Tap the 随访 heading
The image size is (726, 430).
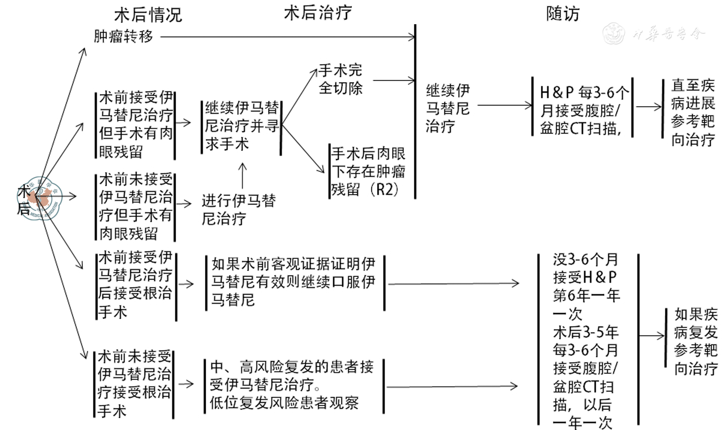[x=563, y=14]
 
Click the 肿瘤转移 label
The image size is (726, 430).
[x=123, y=36]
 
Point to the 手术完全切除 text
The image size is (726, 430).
[x=340, y=79]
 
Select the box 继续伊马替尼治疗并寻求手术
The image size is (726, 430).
[x=242, y=126]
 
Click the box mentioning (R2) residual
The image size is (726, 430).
[x=368, y=171]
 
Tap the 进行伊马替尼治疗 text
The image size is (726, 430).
[x=239, y=210]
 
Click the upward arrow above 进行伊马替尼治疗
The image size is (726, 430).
[x=242, y=176]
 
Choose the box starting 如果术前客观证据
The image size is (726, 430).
[x=294, y=282]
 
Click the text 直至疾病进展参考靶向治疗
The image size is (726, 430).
[x=692, y=112]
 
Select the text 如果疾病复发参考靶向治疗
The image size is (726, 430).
[x=695, y=341]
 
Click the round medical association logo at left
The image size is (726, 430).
[x=40, y=198]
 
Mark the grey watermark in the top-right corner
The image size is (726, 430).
[x=654, y=34]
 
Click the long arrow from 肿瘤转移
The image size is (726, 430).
[x=287, y=36]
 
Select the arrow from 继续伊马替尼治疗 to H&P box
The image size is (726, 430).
[x=505, y=106]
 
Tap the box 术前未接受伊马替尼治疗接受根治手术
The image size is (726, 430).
[x=134, y=384]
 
